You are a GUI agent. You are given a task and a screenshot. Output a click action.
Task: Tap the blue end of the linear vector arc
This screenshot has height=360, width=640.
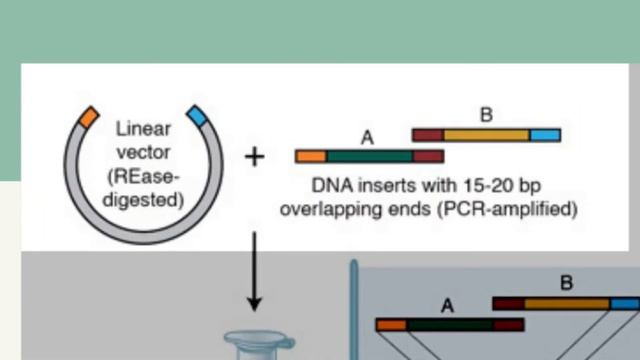pos(196,117)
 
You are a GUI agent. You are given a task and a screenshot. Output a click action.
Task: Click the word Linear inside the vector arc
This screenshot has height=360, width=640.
pos(144,128)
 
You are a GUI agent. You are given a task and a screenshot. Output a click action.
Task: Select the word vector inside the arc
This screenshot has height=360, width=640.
pos(144,152)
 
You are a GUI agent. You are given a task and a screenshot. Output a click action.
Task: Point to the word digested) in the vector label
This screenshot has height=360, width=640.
pos(147,200)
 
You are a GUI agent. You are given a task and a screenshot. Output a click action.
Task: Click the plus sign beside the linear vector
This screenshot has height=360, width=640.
pos(255,157)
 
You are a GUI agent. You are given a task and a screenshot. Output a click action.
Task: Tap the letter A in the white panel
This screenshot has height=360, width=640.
pos(366,138)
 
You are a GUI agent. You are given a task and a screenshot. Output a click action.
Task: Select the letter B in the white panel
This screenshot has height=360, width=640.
pos(486,115)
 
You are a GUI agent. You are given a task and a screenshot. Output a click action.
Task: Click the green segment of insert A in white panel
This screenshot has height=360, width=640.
pos(370,157)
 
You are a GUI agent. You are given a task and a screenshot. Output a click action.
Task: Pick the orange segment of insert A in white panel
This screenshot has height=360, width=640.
pos(311,157)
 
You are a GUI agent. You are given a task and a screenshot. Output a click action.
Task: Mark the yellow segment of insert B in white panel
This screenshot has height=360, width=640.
pos(486,134)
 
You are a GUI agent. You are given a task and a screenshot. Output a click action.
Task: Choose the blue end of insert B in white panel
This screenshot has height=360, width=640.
pos(545,134)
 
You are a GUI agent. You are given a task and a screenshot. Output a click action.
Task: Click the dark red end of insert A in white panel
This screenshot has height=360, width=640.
pos(428,157)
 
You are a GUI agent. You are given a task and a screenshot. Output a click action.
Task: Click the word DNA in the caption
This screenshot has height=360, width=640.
pos(330,186)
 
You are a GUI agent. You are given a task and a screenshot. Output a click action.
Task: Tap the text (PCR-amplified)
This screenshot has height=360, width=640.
pos(514,210)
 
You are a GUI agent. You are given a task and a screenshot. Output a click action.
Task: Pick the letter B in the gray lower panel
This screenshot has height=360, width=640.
pos(566,283)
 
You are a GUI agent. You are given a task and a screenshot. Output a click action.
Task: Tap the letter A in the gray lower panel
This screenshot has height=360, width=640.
pos(446,306)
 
